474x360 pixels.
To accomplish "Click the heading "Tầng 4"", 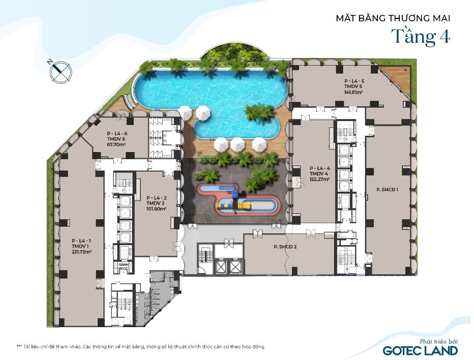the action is click(421, 37).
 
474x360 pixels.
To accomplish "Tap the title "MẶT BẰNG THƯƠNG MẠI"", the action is click(393, 18).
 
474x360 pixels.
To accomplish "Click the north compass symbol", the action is click(62, 72).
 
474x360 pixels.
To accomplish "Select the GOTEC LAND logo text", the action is click(421, 351).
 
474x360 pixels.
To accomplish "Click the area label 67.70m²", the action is click(116, 144).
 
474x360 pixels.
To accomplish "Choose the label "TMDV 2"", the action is click(156, 203).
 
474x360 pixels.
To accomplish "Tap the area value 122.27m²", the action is click(319, 179).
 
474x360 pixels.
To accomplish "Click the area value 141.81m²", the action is click(353, 92).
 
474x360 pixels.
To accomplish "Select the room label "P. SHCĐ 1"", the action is click(387, 190).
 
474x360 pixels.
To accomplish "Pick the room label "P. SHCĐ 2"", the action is click(285, 247).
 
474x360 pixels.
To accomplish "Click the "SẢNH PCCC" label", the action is click(124, 266).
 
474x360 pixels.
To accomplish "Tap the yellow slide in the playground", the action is click(233, 206).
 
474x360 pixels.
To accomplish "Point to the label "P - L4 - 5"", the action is click(354, 81).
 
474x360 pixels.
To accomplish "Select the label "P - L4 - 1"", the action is click(81, 241).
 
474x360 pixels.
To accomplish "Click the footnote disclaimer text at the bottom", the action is click(140, 346).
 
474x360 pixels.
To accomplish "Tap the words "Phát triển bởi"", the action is click(438, 341).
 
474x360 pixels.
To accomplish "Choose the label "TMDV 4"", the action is click(318, 173).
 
